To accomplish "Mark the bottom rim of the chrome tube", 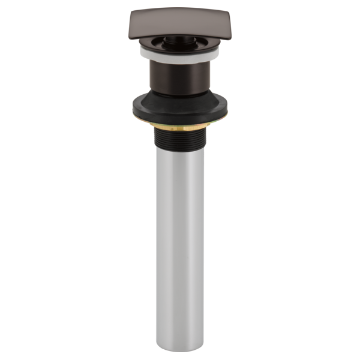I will pos(180,349).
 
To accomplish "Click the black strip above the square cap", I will pos(180,4).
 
